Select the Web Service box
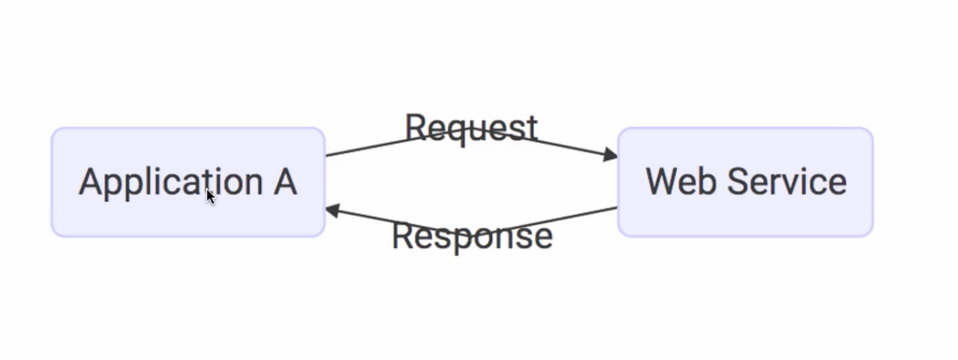coord(745,182)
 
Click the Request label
coord(471,128)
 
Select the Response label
coord(472,235)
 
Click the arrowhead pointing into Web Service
coord(611,154)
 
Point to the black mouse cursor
coord(210,196)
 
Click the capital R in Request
coord(415,128)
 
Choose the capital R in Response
coord(403,235)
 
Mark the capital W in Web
coord(662,181)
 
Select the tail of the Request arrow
coord(328,156)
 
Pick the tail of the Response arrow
coord(616,208)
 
